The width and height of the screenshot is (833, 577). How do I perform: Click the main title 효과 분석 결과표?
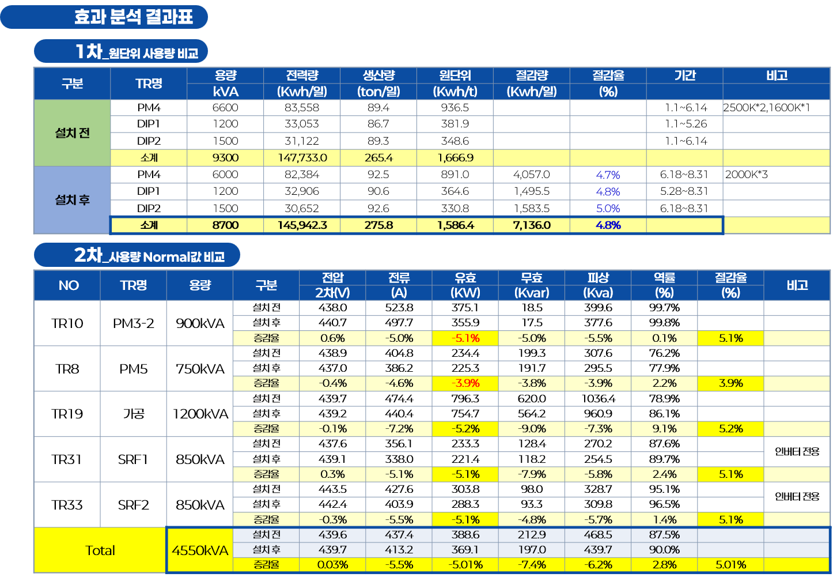coord(133,17)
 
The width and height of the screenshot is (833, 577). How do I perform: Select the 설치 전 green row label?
coord(72,133)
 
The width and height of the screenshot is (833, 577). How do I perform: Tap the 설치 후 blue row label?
coord(72,200)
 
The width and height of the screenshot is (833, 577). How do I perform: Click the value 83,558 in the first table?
coord(302,108)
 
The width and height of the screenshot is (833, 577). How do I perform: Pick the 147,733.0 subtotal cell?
coord(302,158)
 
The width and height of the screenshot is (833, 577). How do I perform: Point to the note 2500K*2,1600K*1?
coord(766,108)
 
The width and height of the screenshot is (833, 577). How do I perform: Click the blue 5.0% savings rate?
coord(608,208)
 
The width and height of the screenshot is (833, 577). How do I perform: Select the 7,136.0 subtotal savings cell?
coord(532,225)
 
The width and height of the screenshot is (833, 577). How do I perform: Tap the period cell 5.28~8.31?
coord(684,191)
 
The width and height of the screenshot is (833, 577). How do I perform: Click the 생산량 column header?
coord(378,76)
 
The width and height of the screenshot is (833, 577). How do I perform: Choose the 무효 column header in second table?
coord(532,277)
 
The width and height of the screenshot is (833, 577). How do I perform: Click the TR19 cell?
coord(67,414)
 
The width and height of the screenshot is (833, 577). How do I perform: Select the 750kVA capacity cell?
coord(200,369)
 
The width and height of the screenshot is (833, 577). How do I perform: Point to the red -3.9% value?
coord(465,383)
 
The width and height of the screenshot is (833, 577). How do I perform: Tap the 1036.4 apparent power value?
coord(598,398)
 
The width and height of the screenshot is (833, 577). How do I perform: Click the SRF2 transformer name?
coord(133,505)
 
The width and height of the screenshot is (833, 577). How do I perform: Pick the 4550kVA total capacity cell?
coord(200,550)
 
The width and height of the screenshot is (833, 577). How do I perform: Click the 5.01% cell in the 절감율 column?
coord(730,565)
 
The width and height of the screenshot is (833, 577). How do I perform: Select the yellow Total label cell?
coord(100,550)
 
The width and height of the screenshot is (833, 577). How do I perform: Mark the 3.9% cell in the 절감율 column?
coord(730,383)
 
